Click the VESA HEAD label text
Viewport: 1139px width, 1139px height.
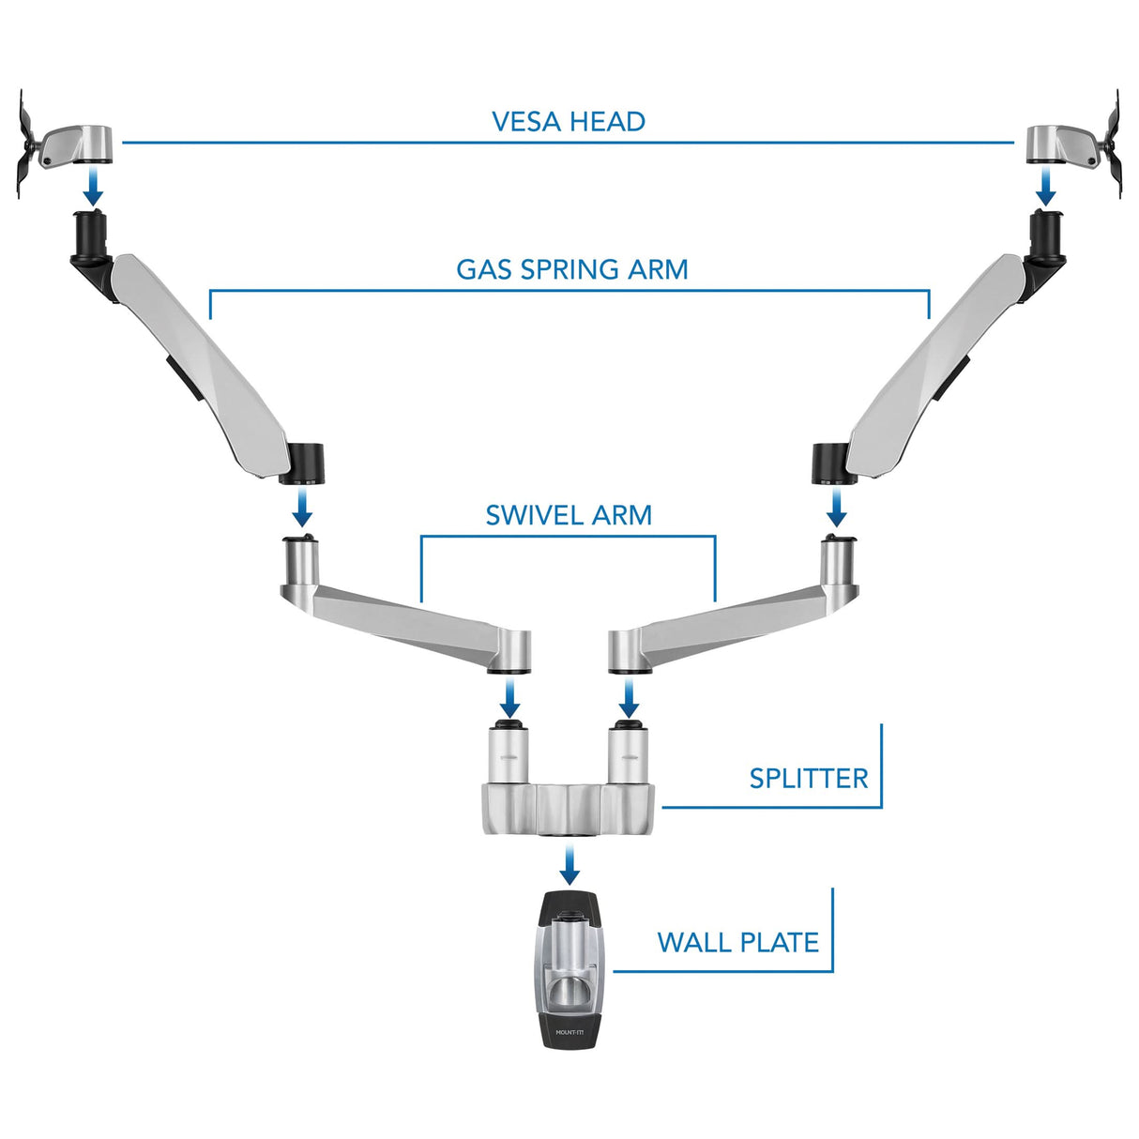click(569, 122)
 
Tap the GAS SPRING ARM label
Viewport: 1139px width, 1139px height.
click(571, 270)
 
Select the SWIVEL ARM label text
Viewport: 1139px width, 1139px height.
click(569, 515)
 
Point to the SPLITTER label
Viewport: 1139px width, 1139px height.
click(809, 779)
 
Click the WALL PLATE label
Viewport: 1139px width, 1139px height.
click(738, 943)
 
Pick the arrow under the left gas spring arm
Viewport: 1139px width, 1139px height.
click(302, 509)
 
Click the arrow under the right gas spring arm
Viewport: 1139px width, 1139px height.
click(835, 509)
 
